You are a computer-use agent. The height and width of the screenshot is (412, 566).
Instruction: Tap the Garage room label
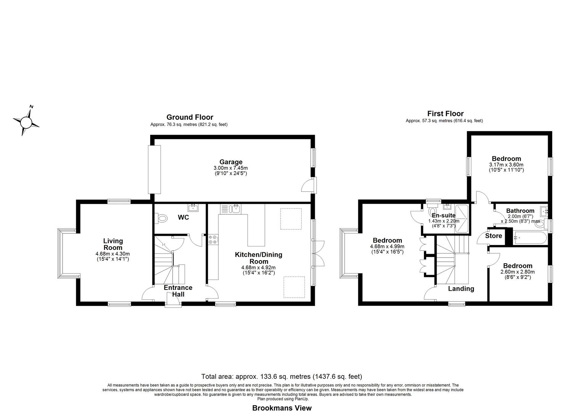pyautogui.click(x=231, y=162)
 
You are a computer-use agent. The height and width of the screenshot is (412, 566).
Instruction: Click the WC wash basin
pyautogui.click(x=193, y=208)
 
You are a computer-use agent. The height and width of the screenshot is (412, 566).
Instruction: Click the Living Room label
pyautogui.click(x=113, y=244)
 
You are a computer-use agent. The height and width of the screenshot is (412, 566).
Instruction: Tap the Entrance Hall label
pyautogui.click(x=178, y=291)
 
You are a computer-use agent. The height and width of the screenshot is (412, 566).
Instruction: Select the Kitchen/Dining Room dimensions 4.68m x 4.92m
pyautogui.click(x=258, y=267)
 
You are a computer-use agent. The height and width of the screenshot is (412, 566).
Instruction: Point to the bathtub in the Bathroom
pyautogui.click(x=529, y=238)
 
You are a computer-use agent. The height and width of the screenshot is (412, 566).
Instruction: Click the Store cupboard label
pyautogui.click(x=493, y=236)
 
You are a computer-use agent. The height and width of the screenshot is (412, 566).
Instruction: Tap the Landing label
pyautogui.click(x=461, y=288)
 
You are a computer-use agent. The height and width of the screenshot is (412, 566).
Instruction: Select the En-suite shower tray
pyautogui.click(x=462, y=219)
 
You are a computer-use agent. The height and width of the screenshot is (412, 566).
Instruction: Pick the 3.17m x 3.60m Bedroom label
pyautogui.click(x=506, y=164)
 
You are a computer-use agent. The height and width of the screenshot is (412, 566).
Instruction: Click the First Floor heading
pyautogui.click(x=446, y=114)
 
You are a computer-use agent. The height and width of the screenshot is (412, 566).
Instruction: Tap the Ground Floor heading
pyautogui.click(x=190, y=117)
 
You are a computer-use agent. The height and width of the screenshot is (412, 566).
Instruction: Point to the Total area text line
pyautogui.click(x=282, y=377)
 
